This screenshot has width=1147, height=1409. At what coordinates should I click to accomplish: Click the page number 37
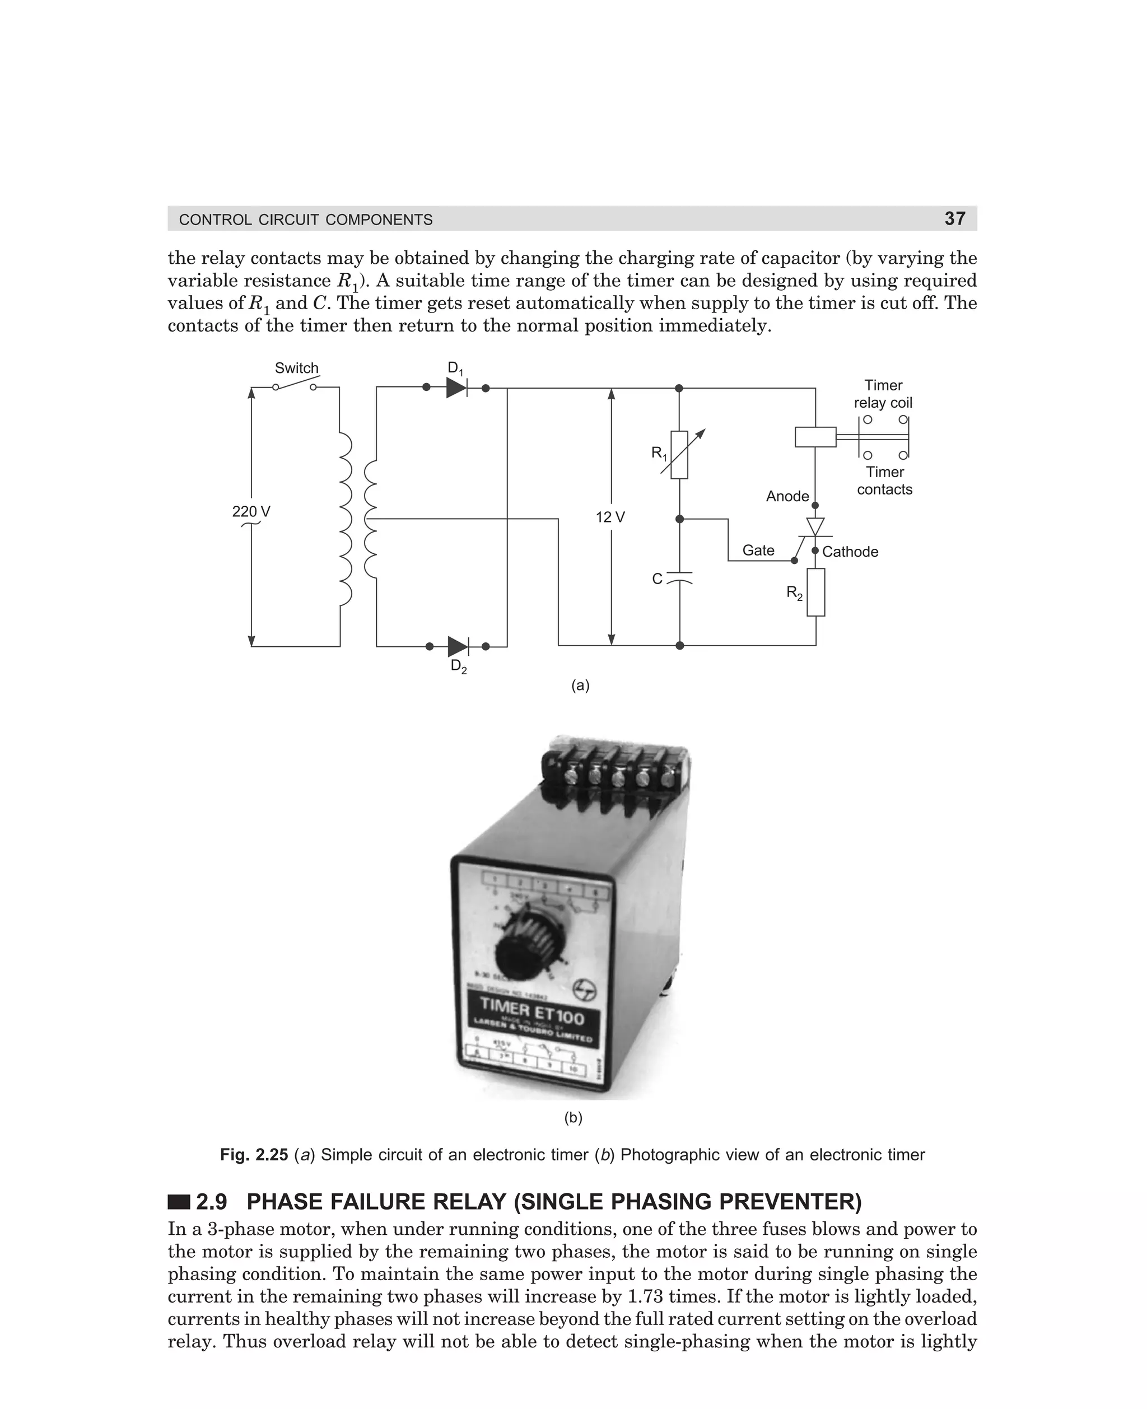(955, 218)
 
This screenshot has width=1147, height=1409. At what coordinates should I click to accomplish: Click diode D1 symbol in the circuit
(456, 388)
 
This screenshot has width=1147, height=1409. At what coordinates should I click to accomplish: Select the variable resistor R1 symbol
(679, 455)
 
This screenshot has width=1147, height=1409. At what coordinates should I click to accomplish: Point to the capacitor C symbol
(679, 578)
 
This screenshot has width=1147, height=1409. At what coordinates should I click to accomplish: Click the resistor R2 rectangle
(816, 592)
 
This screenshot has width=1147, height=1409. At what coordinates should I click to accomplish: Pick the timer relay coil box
(815, 437)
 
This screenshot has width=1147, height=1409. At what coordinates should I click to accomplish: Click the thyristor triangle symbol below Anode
(815, 526)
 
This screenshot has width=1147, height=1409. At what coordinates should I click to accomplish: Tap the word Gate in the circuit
(758, 550)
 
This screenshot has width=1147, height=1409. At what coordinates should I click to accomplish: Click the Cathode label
(850, 552)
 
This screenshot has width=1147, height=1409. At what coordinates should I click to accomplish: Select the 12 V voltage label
(610, 517)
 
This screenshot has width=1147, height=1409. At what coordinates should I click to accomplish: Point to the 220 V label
(251, 511)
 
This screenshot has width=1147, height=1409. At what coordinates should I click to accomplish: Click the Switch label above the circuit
(297, 368)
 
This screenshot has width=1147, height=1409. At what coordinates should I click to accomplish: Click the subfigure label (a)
(580, 685)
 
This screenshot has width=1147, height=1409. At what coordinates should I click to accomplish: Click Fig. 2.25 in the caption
(254, 1155)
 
